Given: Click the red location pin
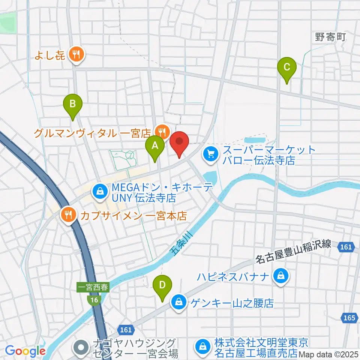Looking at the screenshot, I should coord(179,144).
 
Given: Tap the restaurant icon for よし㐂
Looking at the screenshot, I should coord(76,55).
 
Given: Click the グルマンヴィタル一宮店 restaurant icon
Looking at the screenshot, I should coord(162,132).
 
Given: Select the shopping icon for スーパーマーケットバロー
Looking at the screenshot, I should coord(210,154).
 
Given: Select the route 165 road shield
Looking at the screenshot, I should coord(348,318).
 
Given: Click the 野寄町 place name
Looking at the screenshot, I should coord(329,37).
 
